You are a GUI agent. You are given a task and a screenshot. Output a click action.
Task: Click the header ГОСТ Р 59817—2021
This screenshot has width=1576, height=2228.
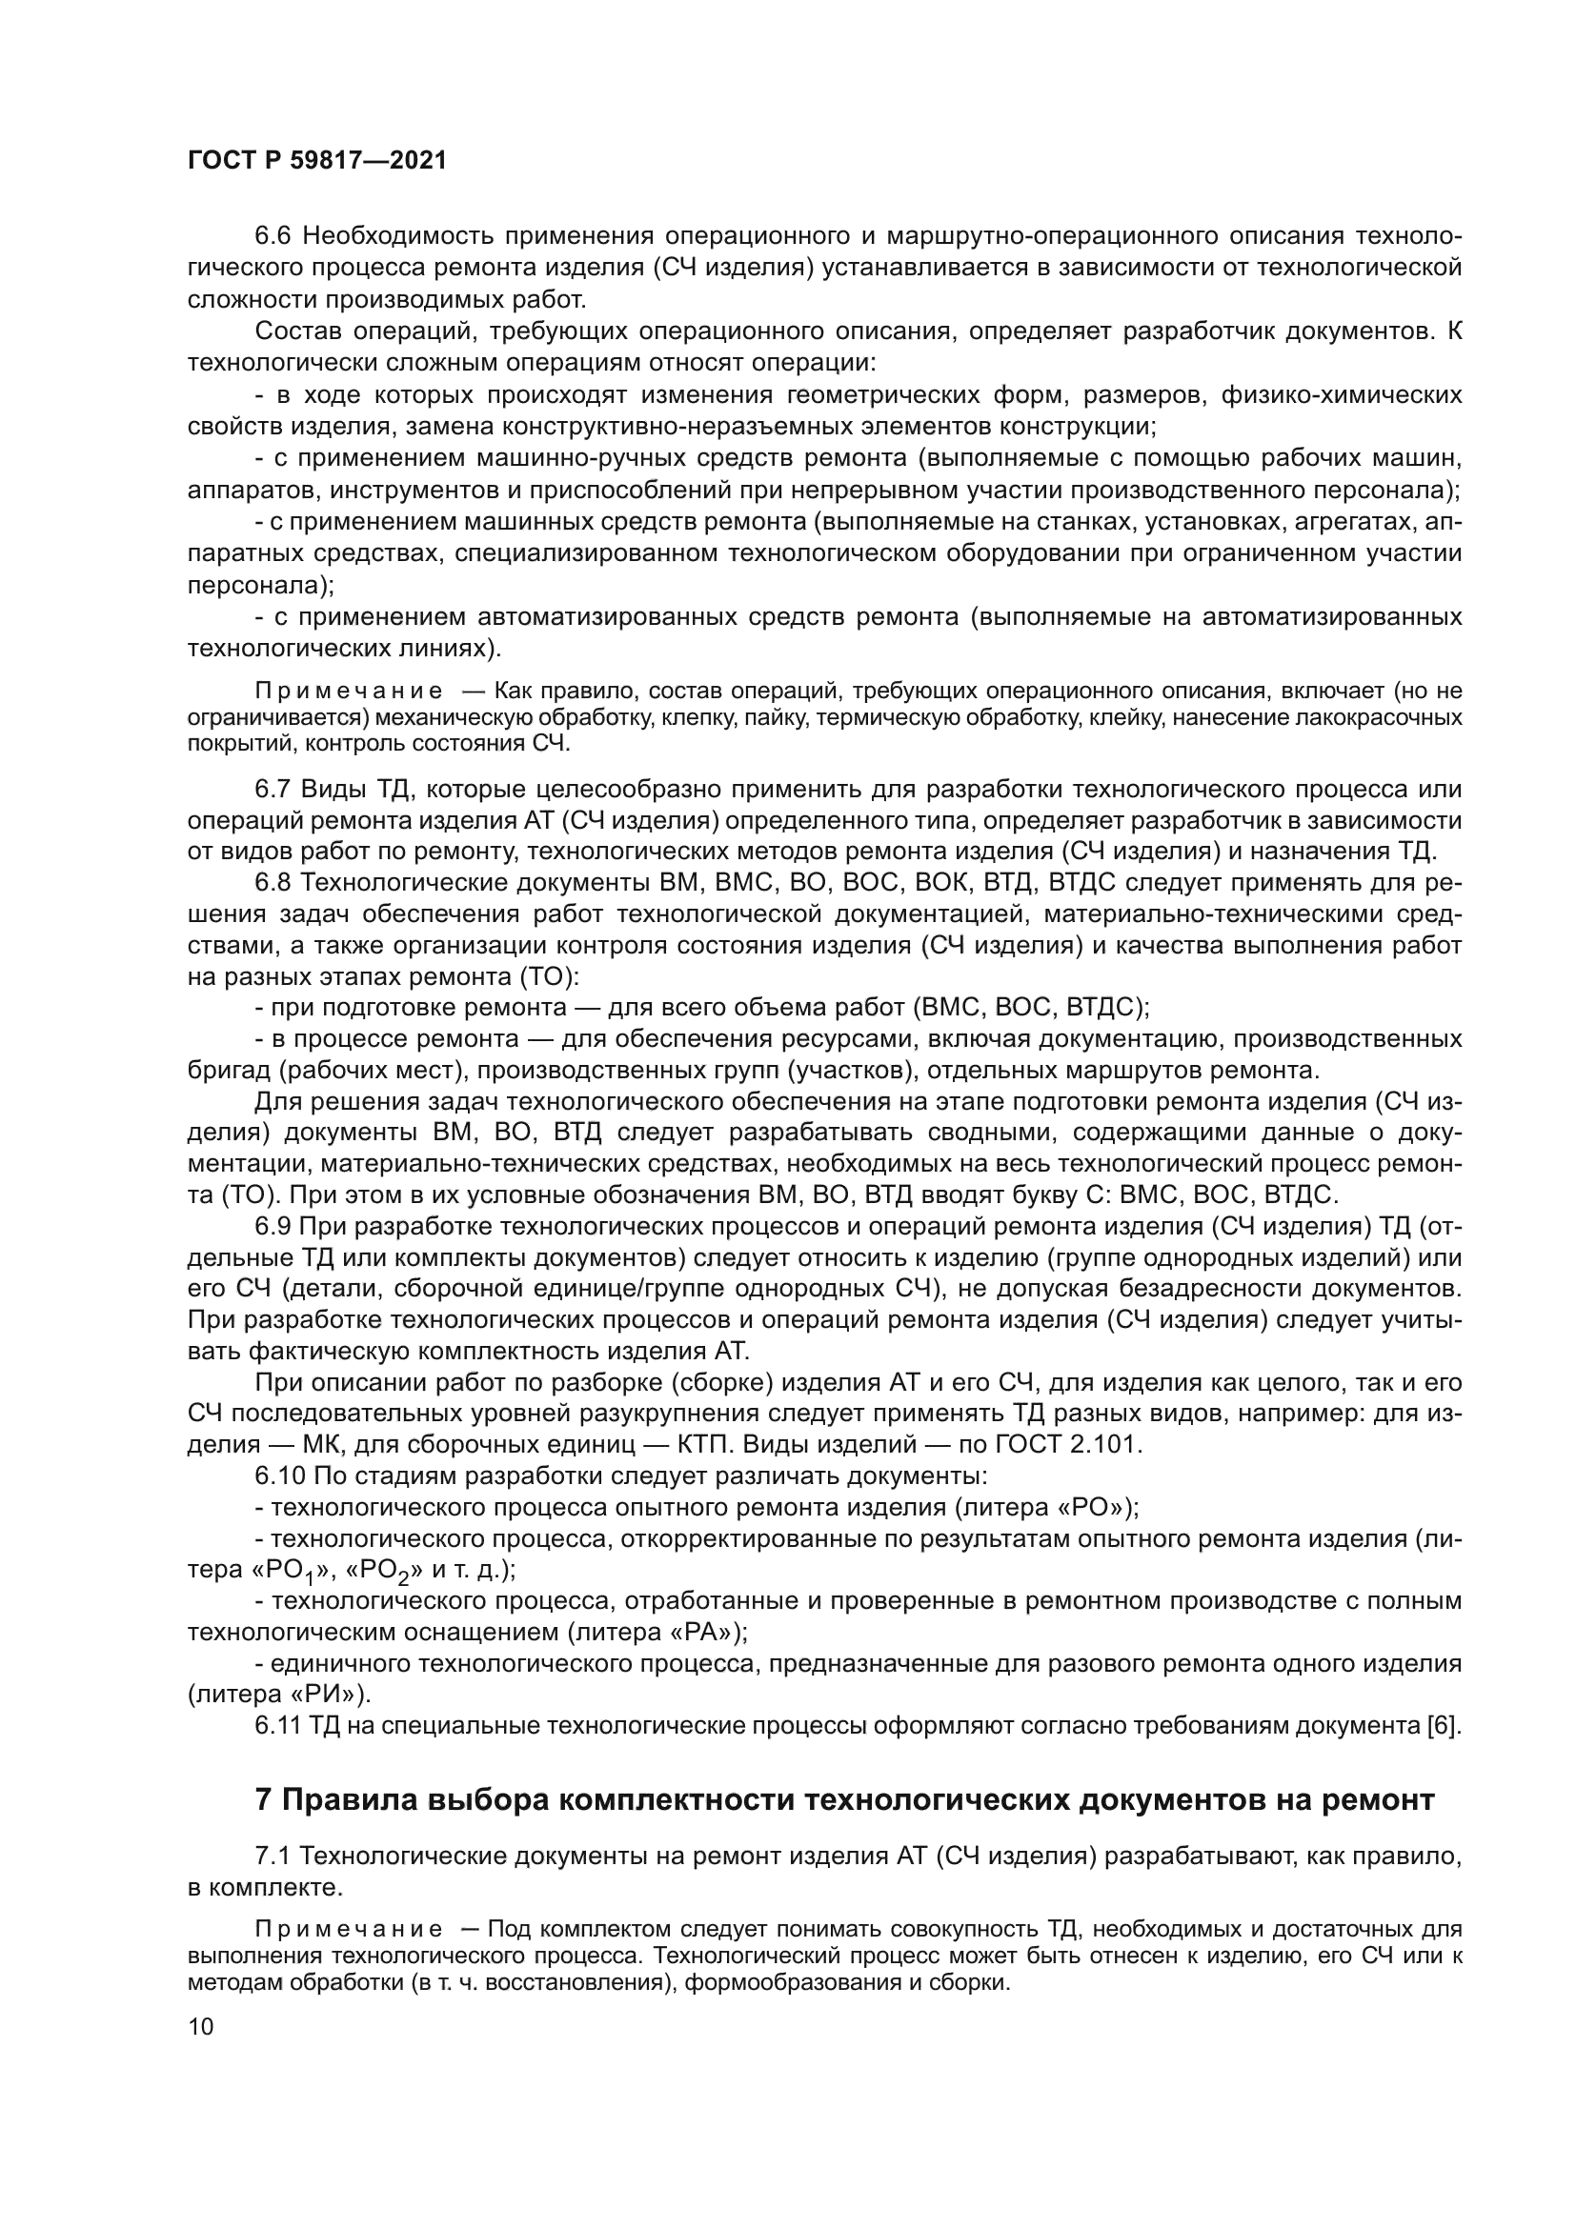tap(316, 161)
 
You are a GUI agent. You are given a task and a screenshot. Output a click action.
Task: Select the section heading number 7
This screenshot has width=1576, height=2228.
tap(264, 1800)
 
